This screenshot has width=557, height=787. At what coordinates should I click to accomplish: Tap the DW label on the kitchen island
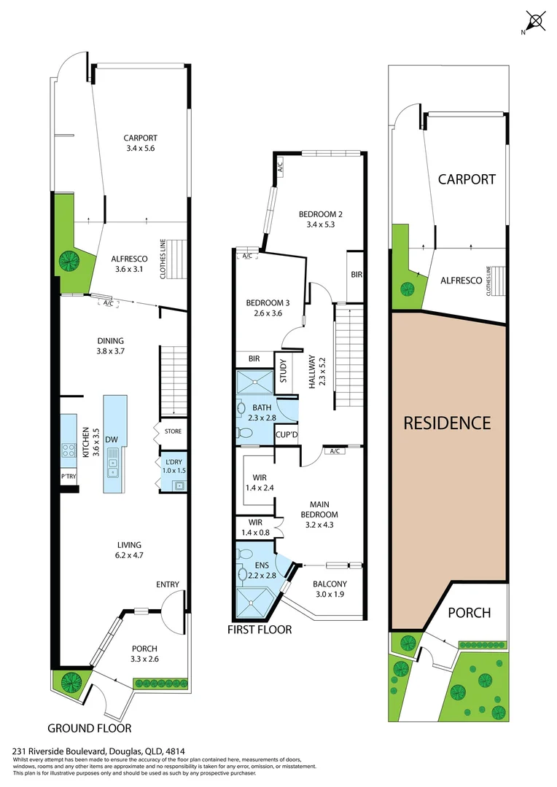[112, 439]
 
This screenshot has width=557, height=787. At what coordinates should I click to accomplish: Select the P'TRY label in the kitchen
[68, 477]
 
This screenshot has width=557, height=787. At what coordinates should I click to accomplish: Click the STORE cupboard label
[173, 431]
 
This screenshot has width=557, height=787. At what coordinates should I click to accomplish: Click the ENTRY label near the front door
[167, 584]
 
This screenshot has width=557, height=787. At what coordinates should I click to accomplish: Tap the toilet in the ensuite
[243, 573]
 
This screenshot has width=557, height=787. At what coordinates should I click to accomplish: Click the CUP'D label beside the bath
[285, 435]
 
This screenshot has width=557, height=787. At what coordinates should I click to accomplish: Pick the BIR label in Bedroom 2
[356, 275]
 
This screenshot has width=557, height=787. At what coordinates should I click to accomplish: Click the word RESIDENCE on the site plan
[448, 423]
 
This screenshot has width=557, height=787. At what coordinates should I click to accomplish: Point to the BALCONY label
[330, 584]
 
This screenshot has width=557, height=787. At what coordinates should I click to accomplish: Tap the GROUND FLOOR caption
[90, 727]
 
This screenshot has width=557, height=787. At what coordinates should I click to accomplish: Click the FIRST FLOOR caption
[259, 629]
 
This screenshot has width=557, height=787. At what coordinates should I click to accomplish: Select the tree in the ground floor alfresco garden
[71, 259]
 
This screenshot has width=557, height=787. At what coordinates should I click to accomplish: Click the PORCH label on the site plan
[469, 612]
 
